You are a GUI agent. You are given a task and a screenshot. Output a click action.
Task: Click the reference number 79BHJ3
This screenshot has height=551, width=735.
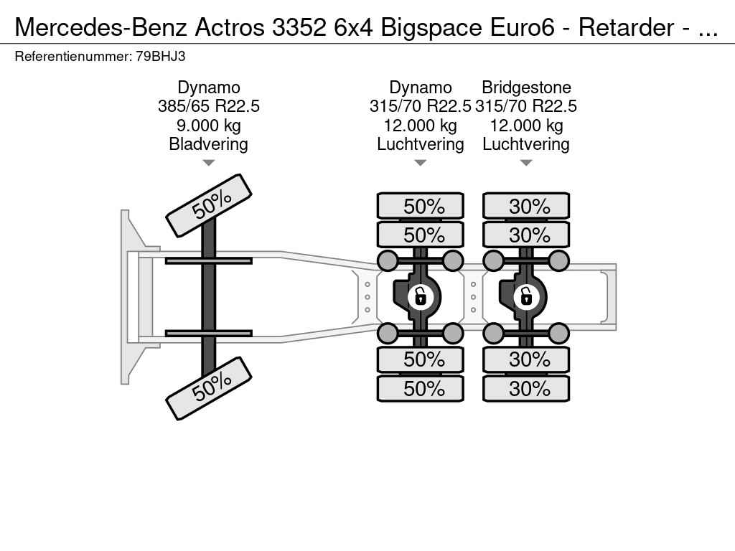pos(160,57)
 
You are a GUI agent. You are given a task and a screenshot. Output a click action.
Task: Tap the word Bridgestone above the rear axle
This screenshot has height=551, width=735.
pos(526,88)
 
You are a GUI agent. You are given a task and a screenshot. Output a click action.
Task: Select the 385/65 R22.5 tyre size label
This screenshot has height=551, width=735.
pos(209,106)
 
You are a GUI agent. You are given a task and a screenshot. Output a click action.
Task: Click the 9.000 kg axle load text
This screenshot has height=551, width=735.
pos(209,125)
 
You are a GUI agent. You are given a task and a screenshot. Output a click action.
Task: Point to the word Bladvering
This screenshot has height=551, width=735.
pos(209,144)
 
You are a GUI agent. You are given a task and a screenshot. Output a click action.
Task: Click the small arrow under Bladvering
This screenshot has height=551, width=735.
pos(209,163)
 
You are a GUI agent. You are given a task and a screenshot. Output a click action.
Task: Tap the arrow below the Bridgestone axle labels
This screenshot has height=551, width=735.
pos(526,163)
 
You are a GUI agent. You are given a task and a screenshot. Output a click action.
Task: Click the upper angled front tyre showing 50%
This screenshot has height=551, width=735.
pos(209,206)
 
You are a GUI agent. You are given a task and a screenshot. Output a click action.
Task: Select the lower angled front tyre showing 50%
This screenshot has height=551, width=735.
pos(209,388)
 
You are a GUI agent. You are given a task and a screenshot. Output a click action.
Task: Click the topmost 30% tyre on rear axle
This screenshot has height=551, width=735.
pos(526,206)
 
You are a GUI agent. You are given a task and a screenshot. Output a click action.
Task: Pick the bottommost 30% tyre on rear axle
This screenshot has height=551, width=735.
pos(526,388)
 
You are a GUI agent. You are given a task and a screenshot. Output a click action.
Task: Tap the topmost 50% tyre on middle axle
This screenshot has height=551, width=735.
pos(421,206)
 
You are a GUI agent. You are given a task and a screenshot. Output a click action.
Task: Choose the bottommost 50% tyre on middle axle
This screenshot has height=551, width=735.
pos(421,388)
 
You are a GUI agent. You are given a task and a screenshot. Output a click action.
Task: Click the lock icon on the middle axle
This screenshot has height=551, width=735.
pos(420,296)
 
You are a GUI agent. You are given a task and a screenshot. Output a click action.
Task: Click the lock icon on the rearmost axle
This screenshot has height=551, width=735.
pos(526,296)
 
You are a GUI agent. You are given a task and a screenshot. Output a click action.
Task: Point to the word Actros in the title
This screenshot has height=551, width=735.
pos(230,27)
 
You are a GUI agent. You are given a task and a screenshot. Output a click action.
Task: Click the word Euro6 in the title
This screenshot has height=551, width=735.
pos(523,27)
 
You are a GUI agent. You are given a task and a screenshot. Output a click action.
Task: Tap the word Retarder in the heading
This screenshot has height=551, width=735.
pos(626,27)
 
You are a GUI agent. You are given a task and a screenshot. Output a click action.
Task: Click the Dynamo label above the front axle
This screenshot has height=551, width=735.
pos(209,88)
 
